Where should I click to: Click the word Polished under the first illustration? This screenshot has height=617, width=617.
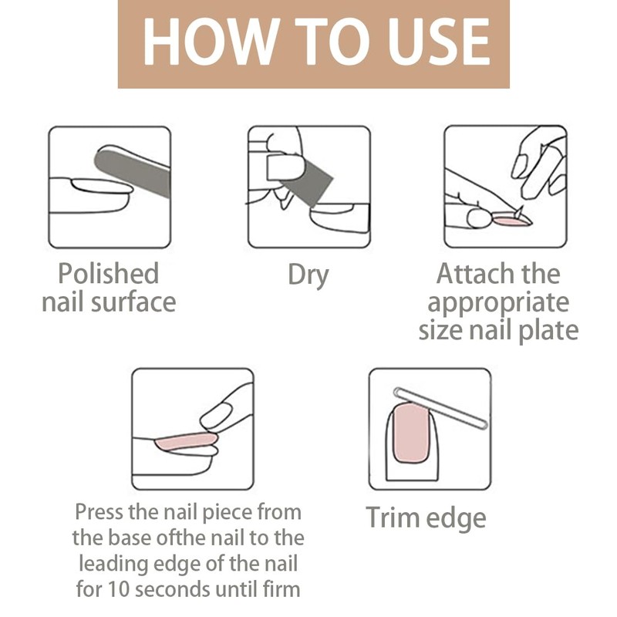(x=108, y=274)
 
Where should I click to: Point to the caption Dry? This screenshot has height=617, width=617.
(x=308, y=275)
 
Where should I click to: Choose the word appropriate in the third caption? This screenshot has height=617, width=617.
(x=498, y=303)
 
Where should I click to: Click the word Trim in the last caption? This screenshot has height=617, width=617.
(x=392, y=517)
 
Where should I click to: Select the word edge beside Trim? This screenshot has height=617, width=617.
(x=456, y=518)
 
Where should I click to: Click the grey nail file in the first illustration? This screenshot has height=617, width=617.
(x=133, y=173)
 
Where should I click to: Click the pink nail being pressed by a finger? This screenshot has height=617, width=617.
(x=186, y=442)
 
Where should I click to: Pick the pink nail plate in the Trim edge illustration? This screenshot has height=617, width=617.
(x=411, y=432)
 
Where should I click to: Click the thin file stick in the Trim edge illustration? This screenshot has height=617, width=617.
(x=440, y=408)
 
